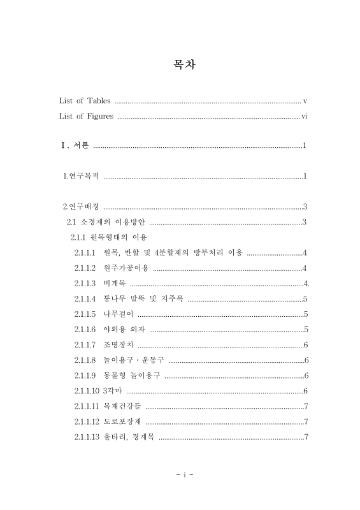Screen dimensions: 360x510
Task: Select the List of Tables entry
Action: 85,101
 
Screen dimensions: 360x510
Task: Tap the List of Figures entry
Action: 87,116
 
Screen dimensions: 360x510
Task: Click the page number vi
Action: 305,116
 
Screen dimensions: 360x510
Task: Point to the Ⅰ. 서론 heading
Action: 75,146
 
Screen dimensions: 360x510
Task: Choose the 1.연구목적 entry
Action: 80,176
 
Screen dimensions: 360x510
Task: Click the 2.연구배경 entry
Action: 80,206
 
